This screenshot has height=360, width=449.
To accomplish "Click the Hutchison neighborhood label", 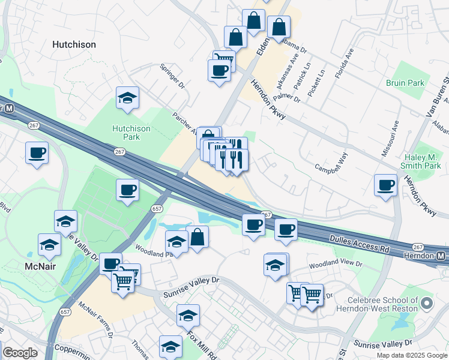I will [x=74, y=44].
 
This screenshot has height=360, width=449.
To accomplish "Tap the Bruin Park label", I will [x=405, y=83].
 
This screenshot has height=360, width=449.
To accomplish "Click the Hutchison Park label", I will [x=126, y=133].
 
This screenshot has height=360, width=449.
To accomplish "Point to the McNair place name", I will [x=41, y=266].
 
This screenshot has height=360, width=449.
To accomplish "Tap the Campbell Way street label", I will [x=332, y=158].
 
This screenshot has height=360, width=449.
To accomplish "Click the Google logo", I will [x=19, y=352].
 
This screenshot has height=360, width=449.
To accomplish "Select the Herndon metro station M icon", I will [x=441, y=256].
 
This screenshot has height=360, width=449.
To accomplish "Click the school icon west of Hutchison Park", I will [x=127, y=98].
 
